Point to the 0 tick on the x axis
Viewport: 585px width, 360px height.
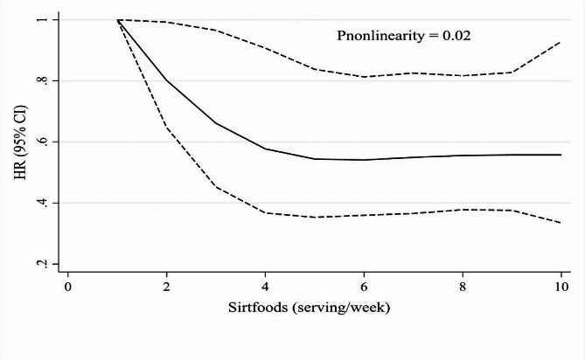[67, 286]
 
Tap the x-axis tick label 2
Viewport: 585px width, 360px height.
[167, 286]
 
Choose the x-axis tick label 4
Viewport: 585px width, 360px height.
[266, 286]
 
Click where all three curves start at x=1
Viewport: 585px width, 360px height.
[117, 19]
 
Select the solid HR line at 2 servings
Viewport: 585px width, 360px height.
[167, 80]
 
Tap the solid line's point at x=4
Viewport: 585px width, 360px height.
[266, 149]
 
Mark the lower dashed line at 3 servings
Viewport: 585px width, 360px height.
[216, 186]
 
